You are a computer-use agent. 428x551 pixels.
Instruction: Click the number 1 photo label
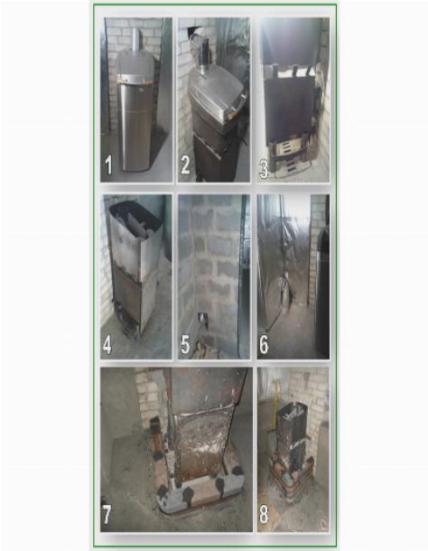coord(108,165)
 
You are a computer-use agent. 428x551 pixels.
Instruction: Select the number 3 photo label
coord(264,169)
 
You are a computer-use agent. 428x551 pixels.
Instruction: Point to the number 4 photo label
coord(107,345)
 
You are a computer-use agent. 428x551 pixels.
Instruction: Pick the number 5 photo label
coord(185,345)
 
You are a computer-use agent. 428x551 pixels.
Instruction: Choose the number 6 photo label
coord(264,345)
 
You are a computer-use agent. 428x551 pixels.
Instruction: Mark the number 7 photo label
coord(107,515)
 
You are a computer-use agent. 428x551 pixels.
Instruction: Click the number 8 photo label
coord(264,515)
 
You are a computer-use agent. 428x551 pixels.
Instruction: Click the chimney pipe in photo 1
coord(135,40)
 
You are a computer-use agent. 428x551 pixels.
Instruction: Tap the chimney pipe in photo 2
coord(203,55)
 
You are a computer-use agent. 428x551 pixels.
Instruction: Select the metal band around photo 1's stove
coord(135,79)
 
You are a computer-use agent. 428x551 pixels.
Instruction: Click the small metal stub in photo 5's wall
coord(201,317)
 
